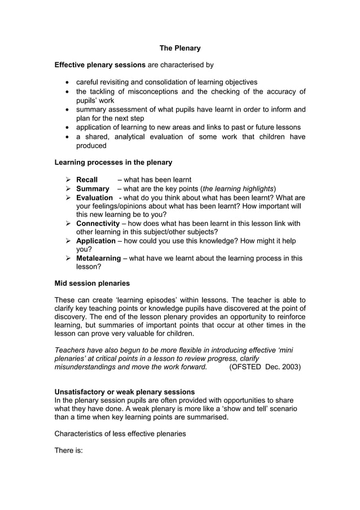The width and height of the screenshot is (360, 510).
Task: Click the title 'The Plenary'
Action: coord(179,49)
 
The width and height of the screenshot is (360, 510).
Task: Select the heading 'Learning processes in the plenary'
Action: coord(113,162)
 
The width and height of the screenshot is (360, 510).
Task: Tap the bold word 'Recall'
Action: coord(87,180)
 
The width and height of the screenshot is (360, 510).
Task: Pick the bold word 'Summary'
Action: coord(93,189)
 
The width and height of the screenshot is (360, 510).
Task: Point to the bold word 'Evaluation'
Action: coord(94,198)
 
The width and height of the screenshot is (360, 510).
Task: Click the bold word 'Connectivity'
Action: coord(98,224)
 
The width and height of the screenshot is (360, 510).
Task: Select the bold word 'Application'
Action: coord(96,241)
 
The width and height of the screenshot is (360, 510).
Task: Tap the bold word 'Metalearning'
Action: coord(98,258)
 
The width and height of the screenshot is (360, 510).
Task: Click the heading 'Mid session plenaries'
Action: coord(92,283)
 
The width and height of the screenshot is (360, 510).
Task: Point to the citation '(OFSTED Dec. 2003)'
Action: coord(265,367)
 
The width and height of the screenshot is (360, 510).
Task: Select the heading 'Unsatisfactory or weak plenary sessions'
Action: coord(124,391)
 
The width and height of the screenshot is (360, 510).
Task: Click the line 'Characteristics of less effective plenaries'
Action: coord(122,434)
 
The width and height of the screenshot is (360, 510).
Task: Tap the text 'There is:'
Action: coord(68,451)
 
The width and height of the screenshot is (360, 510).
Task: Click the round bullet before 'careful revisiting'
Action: coord(68,82)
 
